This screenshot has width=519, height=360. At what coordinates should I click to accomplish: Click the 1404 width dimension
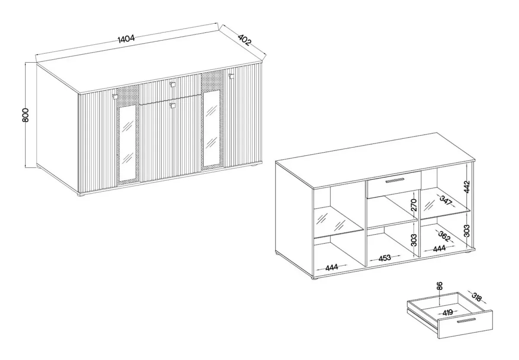126,38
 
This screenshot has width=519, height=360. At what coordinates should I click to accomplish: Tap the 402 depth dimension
244,40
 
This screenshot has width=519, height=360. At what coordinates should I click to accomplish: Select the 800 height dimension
25,115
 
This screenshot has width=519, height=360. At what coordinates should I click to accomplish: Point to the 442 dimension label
467,187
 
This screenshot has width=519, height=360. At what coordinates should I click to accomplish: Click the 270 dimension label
414,205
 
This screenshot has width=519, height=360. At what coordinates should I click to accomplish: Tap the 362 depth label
444,236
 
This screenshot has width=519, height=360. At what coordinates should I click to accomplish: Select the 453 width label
385,258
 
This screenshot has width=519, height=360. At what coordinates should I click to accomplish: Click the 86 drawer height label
439,286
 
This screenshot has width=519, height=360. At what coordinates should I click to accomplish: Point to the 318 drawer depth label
476,297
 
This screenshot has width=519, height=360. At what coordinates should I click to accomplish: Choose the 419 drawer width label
448,313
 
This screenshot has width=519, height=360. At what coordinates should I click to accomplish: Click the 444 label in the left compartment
332,268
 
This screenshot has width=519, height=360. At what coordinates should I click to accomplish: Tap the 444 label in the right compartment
439,248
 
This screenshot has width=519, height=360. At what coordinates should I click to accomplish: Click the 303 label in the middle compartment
414,240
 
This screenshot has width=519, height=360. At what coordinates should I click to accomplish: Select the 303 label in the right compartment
467,231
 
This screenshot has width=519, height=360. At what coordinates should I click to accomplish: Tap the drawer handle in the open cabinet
395,180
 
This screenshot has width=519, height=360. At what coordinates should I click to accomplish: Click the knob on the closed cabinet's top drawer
172,85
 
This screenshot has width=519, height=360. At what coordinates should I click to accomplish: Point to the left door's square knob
115,96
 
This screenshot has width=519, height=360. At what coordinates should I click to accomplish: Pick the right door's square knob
231,76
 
